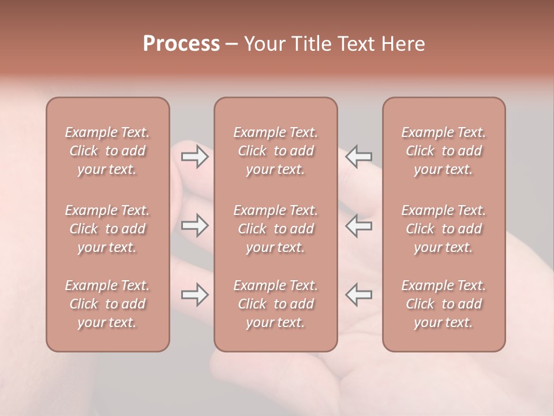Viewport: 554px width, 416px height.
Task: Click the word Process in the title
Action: point(181,44)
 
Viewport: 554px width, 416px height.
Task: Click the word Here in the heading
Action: point(403,44)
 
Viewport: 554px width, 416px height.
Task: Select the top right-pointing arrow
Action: point(195,157)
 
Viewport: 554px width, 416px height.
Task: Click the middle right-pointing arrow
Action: point(195,225)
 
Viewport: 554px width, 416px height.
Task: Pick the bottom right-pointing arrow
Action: point(195,295)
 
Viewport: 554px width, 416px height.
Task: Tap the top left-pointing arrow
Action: point(358,157)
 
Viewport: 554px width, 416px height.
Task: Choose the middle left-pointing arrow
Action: point(358,225)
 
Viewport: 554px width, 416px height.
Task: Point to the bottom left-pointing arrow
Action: point(358,295)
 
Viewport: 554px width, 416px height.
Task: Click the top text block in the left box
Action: point(107,151)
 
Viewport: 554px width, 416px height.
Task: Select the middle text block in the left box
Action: point(107,229)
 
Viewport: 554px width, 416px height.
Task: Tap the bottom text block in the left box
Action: point(107,304)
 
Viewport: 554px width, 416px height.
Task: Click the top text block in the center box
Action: point(275,151)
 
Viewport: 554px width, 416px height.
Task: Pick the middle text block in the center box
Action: point(275,229)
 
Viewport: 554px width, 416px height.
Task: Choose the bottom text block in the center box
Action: point(275,304)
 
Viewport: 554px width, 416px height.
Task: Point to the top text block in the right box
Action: point(443,151)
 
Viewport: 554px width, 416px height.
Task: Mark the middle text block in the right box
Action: point(443,229)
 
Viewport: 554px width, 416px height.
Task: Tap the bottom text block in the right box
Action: point(443,304)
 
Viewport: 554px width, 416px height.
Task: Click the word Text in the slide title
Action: point(356,44)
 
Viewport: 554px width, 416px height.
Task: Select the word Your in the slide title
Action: point(263,44)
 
